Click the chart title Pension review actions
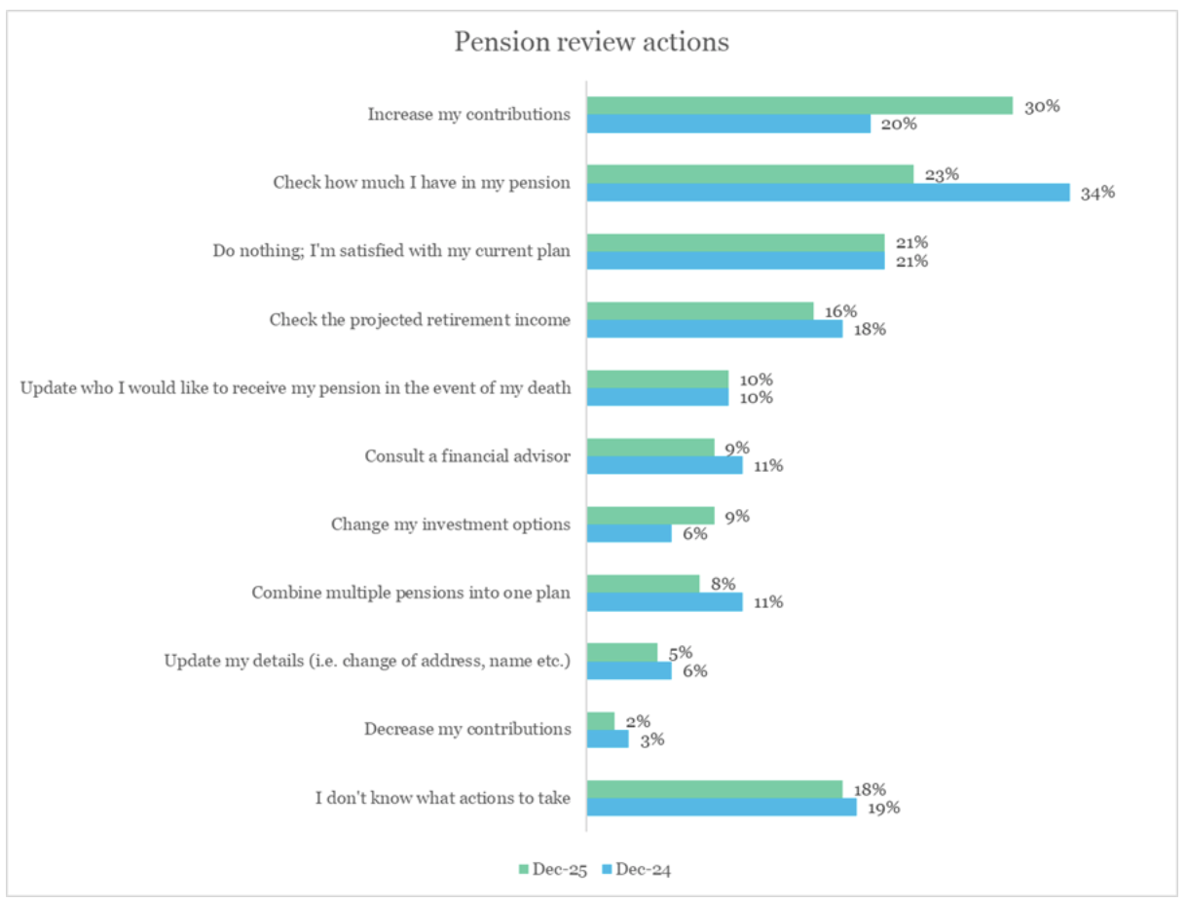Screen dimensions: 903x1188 592,43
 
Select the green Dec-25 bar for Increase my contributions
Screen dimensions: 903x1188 798,105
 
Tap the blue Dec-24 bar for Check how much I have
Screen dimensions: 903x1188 828,193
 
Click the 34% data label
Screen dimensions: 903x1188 1097,193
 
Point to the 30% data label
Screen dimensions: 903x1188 1041,106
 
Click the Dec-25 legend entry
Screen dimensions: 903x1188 552,869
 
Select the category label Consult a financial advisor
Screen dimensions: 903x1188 467,455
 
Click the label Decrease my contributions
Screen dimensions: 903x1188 467,729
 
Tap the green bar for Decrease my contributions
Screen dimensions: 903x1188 601,720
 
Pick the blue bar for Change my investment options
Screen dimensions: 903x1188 629,533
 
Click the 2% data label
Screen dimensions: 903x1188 637,721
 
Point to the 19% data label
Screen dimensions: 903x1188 884,807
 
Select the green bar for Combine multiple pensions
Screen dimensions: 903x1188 643,584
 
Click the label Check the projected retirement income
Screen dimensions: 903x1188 420,319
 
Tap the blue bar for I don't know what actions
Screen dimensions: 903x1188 721,807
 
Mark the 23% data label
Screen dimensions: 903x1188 942,175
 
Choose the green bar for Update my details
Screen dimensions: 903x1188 622,652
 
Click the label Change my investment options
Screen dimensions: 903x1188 450,524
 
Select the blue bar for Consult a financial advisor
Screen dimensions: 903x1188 664,465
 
